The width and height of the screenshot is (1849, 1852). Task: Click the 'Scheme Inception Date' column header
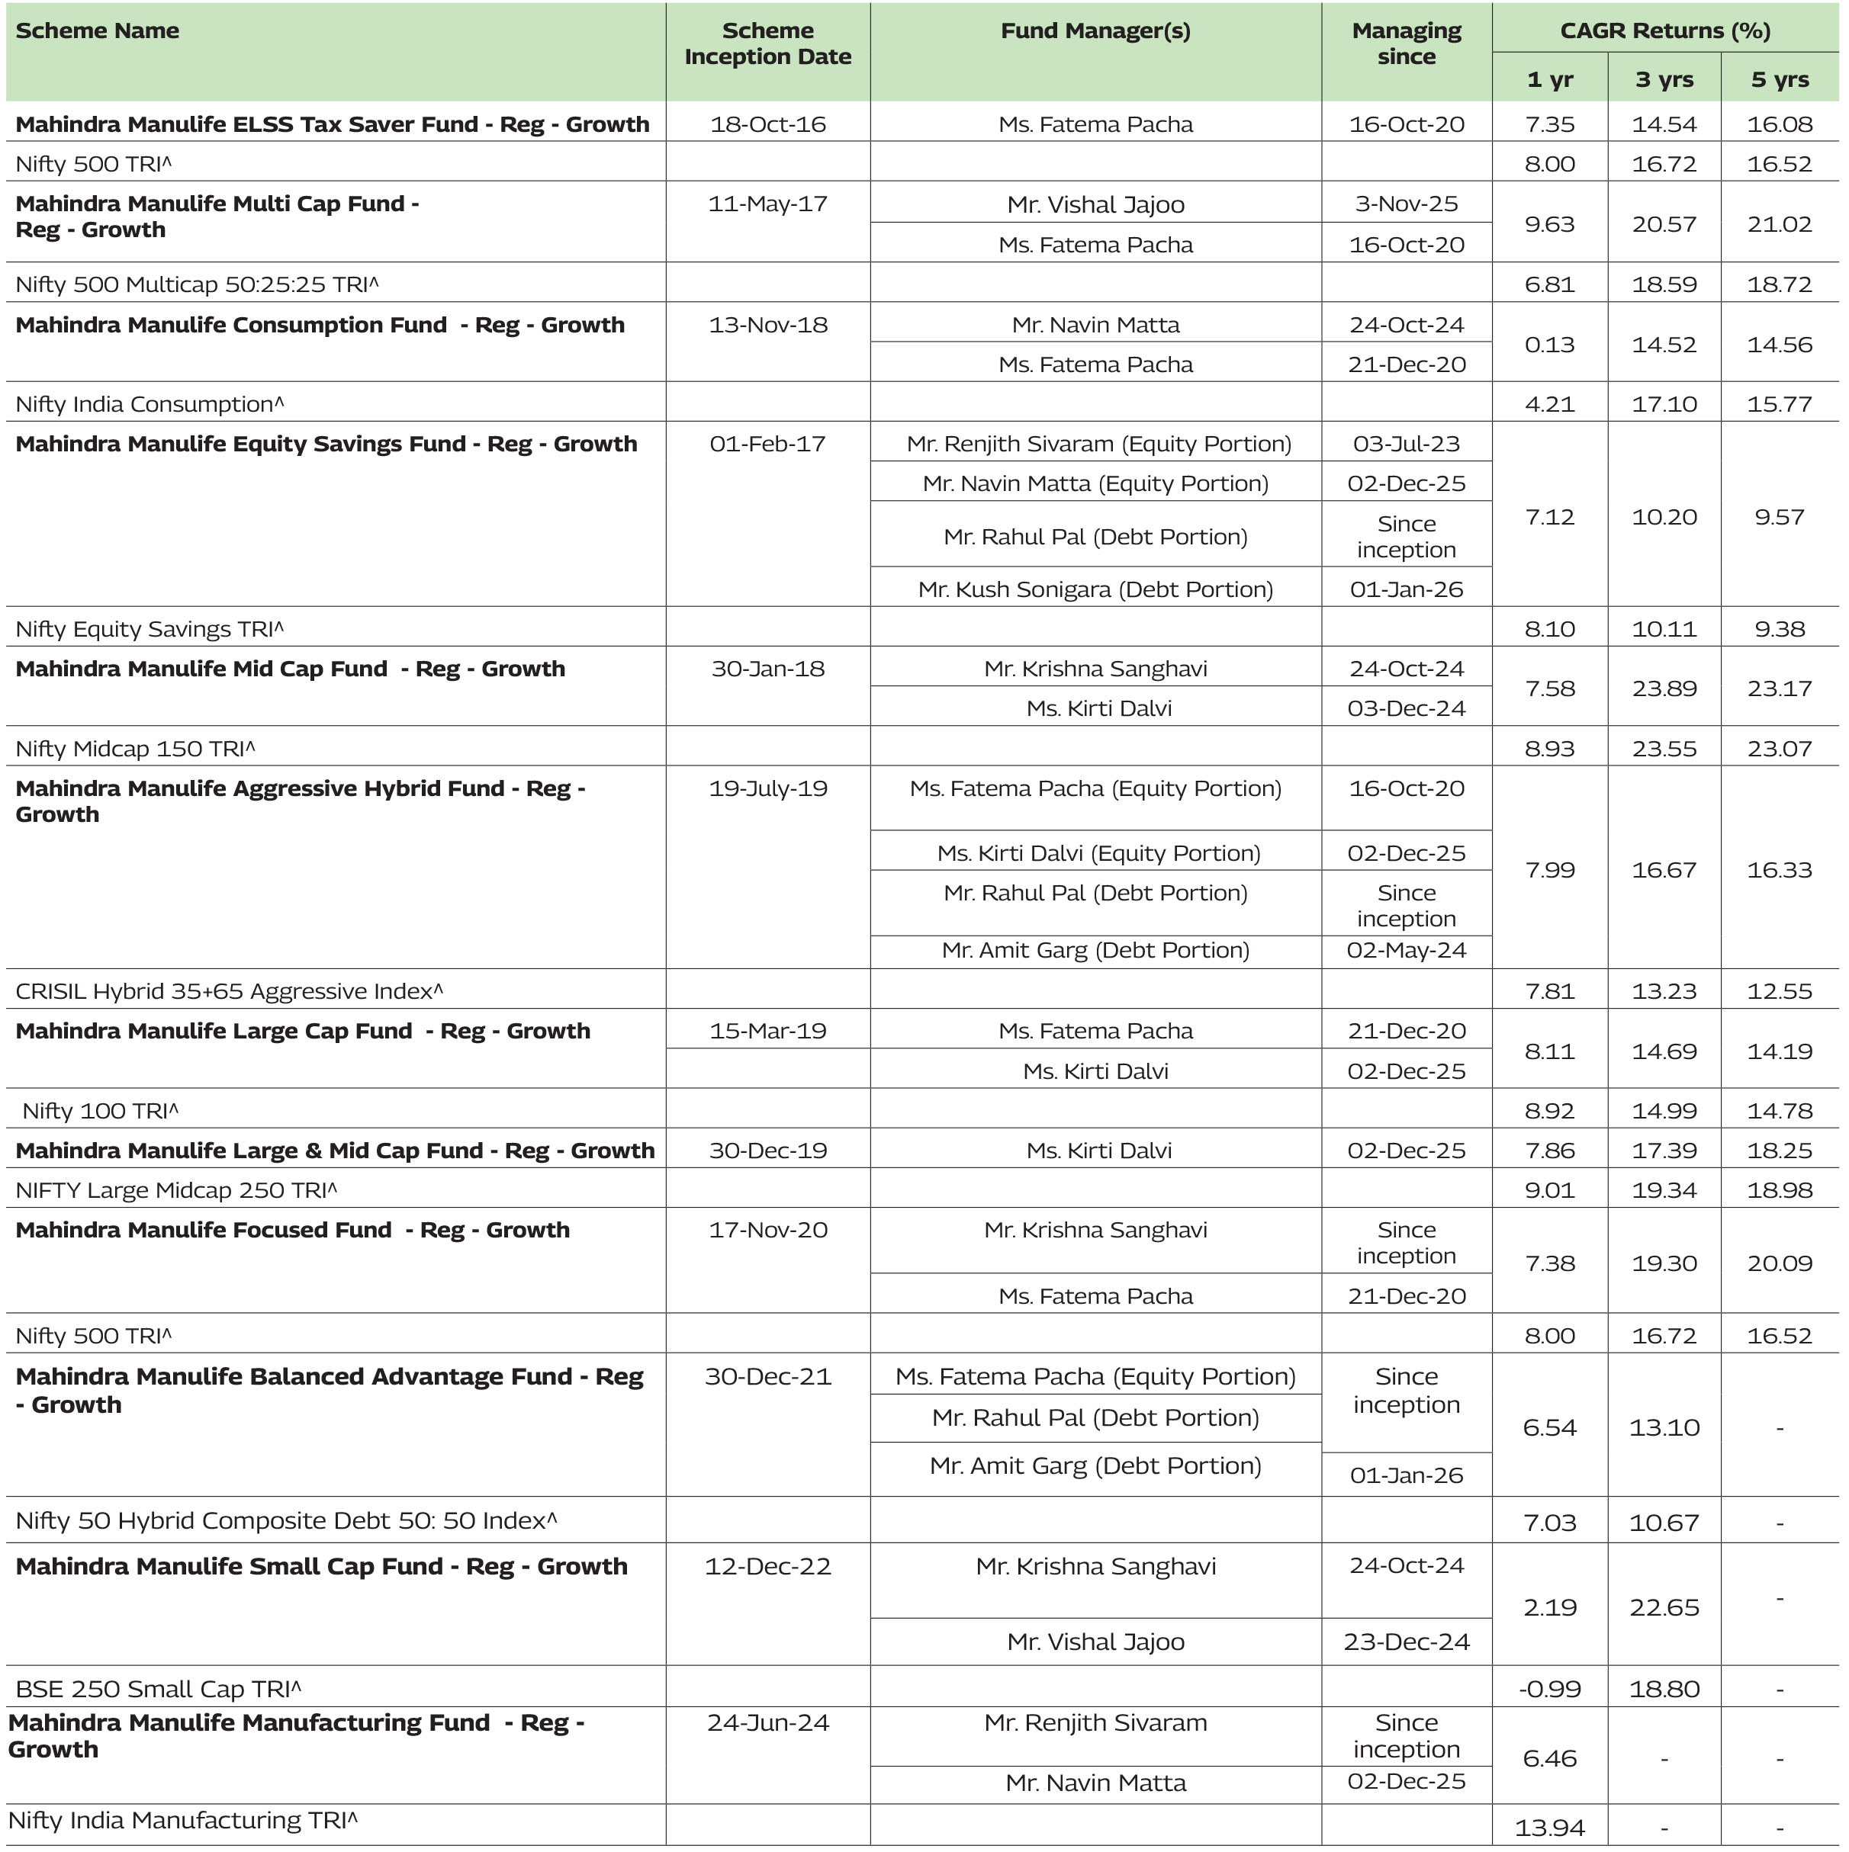(x=767, y=44)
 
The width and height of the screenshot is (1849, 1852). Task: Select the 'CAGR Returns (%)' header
(x=1665, y=30)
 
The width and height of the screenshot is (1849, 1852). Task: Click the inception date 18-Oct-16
(x=767, y=124)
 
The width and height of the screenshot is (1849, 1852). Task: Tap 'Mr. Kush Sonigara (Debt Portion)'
(x=1095, y=589)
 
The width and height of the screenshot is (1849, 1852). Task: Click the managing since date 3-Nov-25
(x=1406, y=204)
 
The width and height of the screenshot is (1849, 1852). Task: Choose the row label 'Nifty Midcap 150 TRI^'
(x=135, y=749)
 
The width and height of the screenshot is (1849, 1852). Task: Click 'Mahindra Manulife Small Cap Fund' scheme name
(x=321, y=1566)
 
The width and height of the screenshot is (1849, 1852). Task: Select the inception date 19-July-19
(x=767, y=789)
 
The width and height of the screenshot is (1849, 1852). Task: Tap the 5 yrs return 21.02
(x=1779, y=224)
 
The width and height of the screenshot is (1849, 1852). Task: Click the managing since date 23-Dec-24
(x=1406, y=1642)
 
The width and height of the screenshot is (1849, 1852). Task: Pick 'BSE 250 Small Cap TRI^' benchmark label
(x=158, y=1689)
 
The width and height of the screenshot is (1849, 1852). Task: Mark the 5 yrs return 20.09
(x=1779, y=1263)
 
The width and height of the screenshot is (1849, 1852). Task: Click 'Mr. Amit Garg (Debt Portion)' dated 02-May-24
(x=1095, y=951)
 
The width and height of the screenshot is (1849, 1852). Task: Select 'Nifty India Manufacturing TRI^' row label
(x=182, y=1821)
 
